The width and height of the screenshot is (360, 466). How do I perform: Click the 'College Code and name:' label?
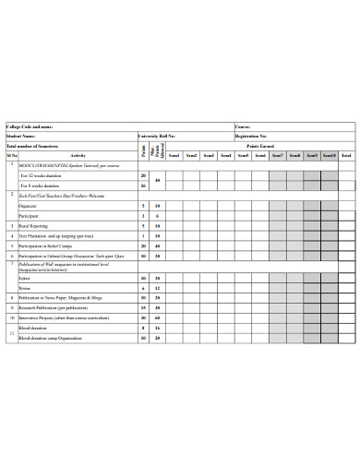point(30,125)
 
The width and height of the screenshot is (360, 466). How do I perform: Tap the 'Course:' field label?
point(243,125)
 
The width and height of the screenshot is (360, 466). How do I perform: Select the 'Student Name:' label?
point(22,136)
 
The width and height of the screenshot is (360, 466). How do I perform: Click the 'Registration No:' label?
point(251,136)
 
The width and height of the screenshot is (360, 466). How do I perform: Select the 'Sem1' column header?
point(174,156)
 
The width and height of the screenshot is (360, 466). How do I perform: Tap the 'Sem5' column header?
point(243,156)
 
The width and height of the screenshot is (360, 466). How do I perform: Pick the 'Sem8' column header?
point(294,156)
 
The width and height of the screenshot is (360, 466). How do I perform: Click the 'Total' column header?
point(346,156)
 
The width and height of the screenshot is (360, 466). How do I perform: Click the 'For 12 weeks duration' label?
point(42,174)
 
